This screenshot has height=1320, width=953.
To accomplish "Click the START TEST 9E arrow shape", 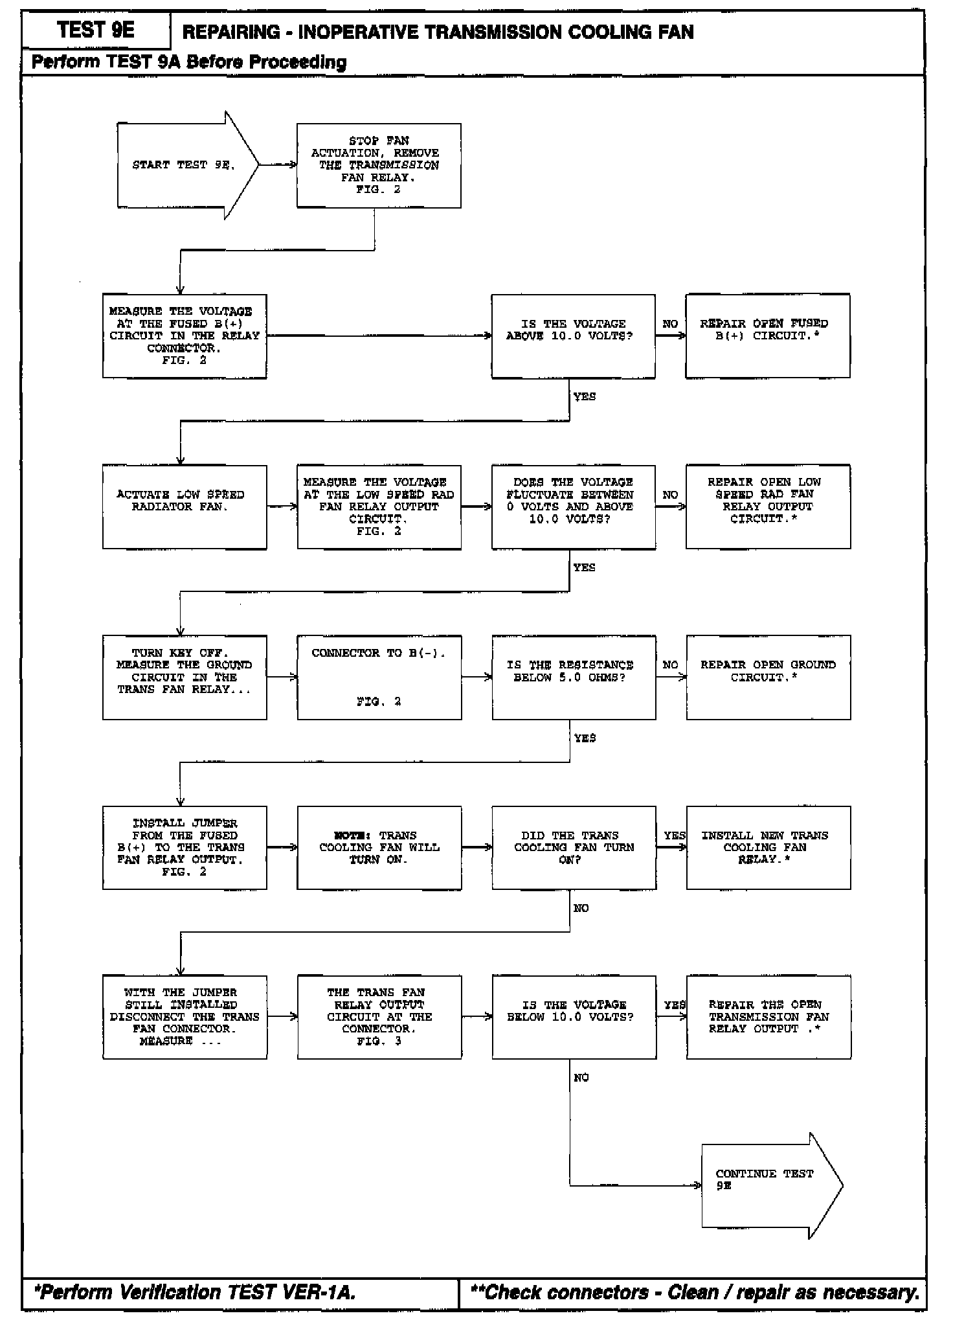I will coord(185,165).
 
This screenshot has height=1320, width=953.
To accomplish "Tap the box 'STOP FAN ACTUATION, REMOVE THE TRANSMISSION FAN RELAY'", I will coord(379,165).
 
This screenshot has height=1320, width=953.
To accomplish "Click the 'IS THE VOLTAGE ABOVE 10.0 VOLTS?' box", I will coord(573,336).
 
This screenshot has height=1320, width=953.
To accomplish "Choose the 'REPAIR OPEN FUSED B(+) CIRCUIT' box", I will coord(767,336).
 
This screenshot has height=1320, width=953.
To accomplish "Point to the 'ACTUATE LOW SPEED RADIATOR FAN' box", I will coord(185,507).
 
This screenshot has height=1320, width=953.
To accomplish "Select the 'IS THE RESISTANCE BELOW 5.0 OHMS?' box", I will coord(573,677).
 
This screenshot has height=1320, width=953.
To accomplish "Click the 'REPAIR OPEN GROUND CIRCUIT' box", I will coord(768,677).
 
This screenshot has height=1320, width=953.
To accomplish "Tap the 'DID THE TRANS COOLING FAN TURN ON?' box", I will coord(574,848).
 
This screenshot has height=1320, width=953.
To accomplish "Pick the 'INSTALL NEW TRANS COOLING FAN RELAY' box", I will coord(768,848).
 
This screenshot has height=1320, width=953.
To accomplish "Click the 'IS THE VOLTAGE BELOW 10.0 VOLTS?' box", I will coord(574,1018).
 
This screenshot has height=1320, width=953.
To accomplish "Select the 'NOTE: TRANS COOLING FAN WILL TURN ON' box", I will coord(379,848).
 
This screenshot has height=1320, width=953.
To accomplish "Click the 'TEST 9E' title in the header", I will coord(96,30).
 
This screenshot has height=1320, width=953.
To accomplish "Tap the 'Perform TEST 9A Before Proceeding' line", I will coord(189,62).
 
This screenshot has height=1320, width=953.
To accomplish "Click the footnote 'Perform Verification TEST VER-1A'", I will coord(194,1292).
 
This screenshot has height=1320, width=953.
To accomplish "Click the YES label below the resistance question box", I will coord(585,738).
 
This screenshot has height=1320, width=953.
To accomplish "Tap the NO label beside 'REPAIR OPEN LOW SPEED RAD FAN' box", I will coord(670,495).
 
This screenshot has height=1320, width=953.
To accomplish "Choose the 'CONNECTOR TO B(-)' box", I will coord(379,677).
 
